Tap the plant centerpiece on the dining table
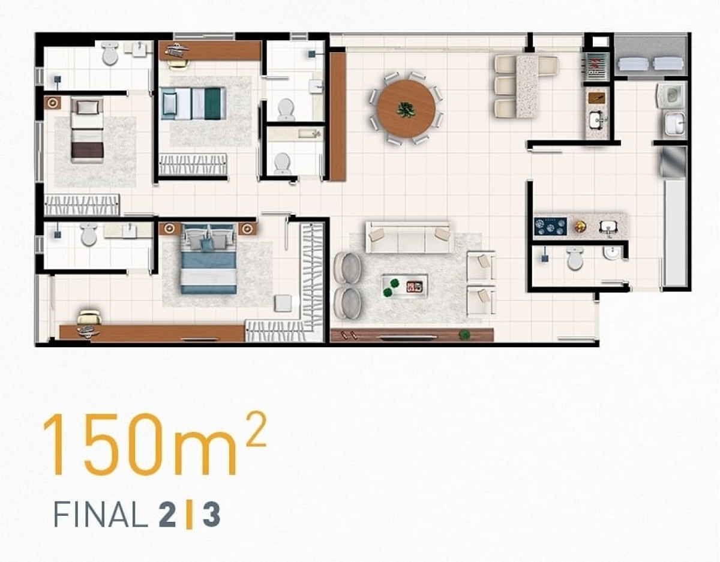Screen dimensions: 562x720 (x=406, y=110)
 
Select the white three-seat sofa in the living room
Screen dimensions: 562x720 (x=408, y=238)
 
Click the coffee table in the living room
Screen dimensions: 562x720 (x=405, y=285)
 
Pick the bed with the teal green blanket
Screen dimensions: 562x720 (x=193, y=103)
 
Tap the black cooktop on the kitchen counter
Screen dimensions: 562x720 (x=550, y=226)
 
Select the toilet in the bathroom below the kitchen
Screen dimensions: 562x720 (x=575, y=259)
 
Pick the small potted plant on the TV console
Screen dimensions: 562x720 (x=464, y=335)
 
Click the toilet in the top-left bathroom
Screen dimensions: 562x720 (x=110, y=55)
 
